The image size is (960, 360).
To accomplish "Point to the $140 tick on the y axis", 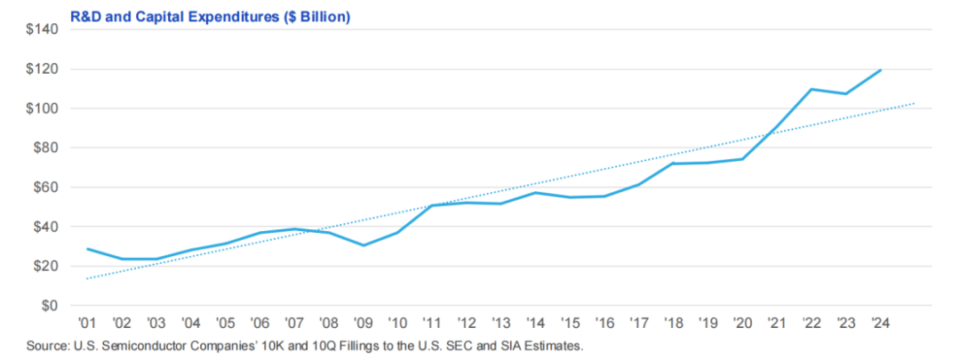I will coord(42,29).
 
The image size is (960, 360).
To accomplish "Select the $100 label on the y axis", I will coord(42,108).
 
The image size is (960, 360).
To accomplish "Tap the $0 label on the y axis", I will coord(50,306).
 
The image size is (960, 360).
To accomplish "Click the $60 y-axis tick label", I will coord(45,188).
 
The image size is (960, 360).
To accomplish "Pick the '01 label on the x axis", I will coord(88,323).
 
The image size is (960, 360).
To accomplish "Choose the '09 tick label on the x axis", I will coord(364,323).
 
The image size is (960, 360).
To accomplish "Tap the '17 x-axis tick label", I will coord(639,323).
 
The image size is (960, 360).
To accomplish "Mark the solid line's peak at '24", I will coord(881,69).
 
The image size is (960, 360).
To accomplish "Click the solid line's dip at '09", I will coord(364,245).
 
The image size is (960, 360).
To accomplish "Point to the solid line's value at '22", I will coord(812,89).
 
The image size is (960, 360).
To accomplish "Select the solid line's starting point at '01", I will coord(88,249).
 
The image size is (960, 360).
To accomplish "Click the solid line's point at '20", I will coord(742,159).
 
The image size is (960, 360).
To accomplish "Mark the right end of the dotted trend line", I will coord(915,103).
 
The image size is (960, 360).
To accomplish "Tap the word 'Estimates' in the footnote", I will coord(553,345).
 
